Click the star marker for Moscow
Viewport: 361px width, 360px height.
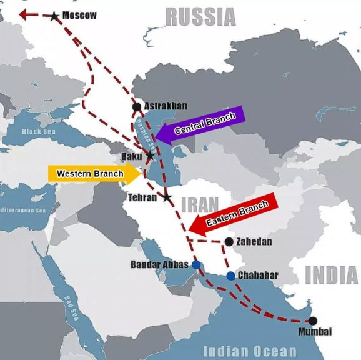pos(55,16)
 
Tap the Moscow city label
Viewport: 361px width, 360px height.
pos(79,16)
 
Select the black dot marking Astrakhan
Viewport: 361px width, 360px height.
pos(137,107)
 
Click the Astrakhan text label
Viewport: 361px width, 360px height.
pos(166,106)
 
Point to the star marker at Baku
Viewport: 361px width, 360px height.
pos(149,155)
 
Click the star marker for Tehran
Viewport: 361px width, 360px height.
pos(167,197)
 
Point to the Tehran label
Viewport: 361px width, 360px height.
pos(143,197)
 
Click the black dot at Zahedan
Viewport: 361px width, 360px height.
pos(229,241)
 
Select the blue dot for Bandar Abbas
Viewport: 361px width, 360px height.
pos(196,265)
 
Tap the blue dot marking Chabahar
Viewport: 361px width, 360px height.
pos(230,276)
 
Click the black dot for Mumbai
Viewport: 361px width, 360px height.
pos(313,321)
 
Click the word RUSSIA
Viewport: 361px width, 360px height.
pos(200,17)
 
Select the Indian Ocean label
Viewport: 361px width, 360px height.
pos(249,351)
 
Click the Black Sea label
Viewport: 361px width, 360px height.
pos(39,132)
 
